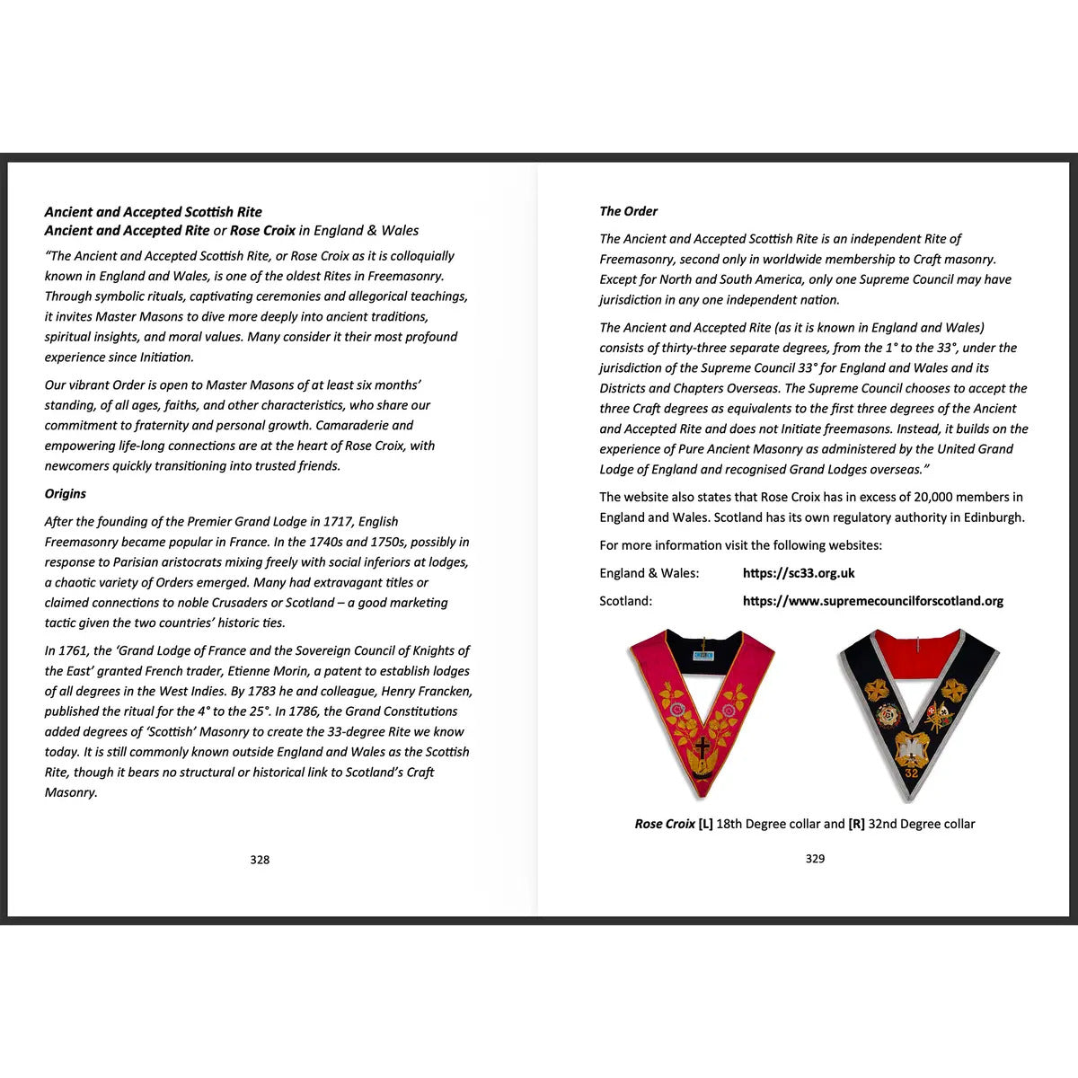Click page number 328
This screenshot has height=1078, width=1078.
[260, 860]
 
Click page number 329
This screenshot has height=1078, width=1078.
[815, 859]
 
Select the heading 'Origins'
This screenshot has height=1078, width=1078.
[66, 494]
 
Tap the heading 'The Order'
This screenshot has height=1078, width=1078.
[629, 212]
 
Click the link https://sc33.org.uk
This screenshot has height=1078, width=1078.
[799, 573]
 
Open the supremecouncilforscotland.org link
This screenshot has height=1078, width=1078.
[872, 601]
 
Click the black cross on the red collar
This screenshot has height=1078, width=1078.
[702, 747]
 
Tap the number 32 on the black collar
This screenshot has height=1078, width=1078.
[912, 773]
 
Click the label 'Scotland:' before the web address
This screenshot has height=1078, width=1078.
[626, 601]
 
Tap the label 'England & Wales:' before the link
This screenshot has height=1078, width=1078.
[649, 573]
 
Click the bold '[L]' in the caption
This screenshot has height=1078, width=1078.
[705, 824]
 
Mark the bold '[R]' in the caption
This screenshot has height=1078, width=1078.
[856, 824]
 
